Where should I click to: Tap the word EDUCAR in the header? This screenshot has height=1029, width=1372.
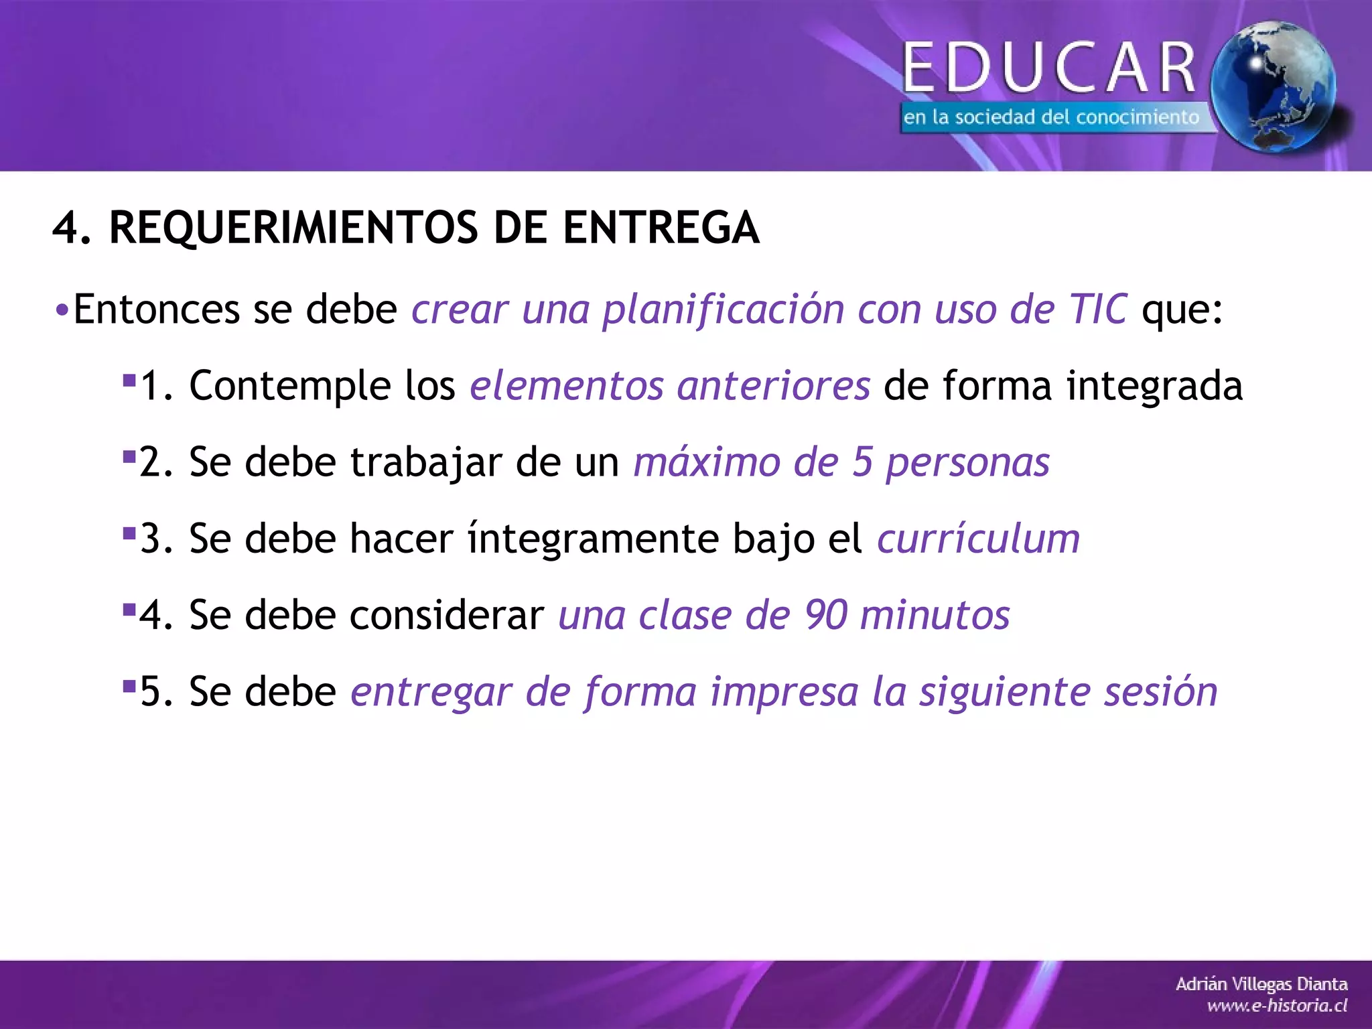pos(1049,67)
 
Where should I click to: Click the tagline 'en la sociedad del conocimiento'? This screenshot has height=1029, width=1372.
pos(1050,117)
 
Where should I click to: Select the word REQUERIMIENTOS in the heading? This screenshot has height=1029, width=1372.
pos(293,227)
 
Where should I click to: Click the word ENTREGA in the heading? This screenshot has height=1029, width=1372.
pos(661,227)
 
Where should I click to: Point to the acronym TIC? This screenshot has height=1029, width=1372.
pos(1098,309)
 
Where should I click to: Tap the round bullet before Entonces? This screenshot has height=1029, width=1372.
pos(61,311)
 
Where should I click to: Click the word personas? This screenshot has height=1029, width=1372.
pos(967,464)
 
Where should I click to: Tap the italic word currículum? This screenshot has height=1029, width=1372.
pos(979,539)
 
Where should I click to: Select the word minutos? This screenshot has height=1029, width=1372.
pos(935,615)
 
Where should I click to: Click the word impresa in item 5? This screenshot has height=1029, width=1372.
pos(784,693)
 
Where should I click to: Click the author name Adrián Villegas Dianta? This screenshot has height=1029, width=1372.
pos(1261,984)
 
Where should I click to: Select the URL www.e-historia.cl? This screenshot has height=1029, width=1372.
pos(1276,1006)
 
